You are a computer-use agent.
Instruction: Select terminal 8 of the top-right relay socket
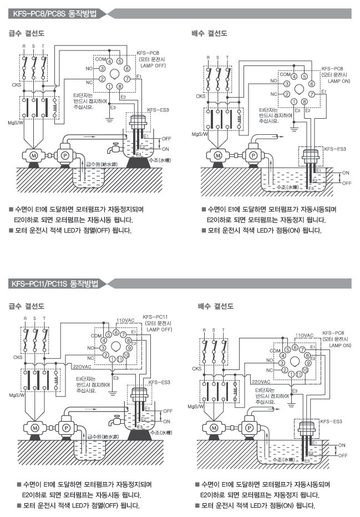coord(304,102)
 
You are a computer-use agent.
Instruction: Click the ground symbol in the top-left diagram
coord(109,117)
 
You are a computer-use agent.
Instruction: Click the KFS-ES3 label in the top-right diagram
coord(334,149)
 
